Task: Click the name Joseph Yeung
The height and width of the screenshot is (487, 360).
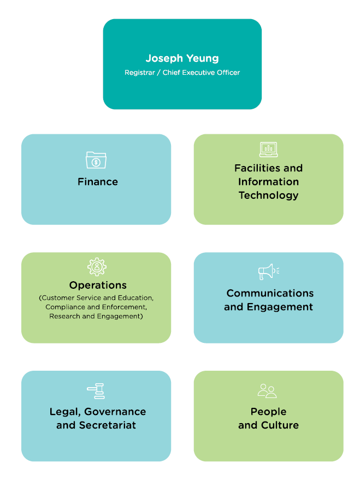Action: (182, 58)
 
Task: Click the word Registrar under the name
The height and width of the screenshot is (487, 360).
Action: (139, 73)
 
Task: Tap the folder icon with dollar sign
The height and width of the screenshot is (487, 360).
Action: (96, 160)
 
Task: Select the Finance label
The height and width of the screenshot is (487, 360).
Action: (98, 182)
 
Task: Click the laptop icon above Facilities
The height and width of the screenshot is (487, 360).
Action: (268, 149)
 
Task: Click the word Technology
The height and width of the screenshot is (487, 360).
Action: (268, 195)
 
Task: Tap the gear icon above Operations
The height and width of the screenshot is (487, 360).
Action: (97, 267)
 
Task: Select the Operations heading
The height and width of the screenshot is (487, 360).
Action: (98, 285)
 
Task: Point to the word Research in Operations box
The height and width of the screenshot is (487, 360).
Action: (64, 316)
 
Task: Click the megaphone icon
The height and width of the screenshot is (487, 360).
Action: (268, 271)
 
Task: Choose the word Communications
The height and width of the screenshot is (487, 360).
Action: (270, 293)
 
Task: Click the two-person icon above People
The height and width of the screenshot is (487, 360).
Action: (268, 391)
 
